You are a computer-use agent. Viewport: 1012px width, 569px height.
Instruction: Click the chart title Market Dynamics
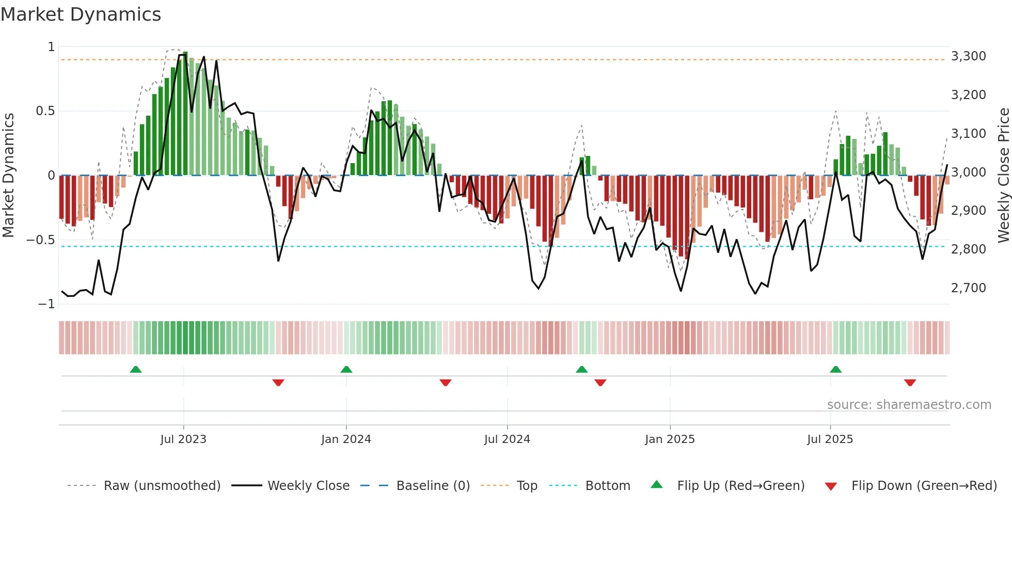(x=81, y=14)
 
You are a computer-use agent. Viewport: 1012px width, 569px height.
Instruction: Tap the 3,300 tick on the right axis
(x=968, y=56)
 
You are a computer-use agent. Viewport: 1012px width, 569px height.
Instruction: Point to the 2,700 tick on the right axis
(x=968, y=288)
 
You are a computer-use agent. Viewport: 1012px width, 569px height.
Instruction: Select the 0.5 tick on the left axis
(x=45, y=111)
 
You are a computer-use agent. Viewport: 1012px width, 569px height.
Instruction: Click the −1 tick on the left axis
(x=46, y=304)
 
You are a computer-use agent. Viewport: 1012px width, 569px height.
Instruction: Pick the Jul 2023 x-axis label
(x=183, y=439)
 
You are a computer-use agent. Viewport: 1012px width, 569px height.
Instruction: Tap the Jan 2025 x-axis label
(x=669, y=439)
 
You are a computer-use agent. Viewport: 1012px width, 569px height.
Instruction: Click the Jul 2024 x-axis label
(x=507, y=439)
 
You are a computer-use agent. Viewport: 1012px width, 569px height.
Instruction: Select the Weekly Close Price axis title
(x=1003, y=175)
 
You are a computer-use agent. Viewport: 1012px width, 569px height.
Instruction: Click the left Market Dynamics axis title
(x=8, y=175)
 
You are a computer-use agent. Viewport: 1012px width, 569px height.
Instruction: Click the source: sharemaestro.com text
(x=909, y=405)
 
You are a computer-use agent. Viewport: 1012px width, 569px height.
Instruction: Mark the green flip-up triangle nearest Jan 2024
(x=346, y=370)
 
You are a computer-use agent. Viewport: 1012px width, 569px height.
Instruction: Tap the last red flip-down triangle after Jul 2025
(x=910, y=383)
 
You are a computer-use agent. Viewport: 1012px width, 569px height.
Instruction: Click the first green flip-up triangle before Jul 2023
(x=136, y=370)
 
